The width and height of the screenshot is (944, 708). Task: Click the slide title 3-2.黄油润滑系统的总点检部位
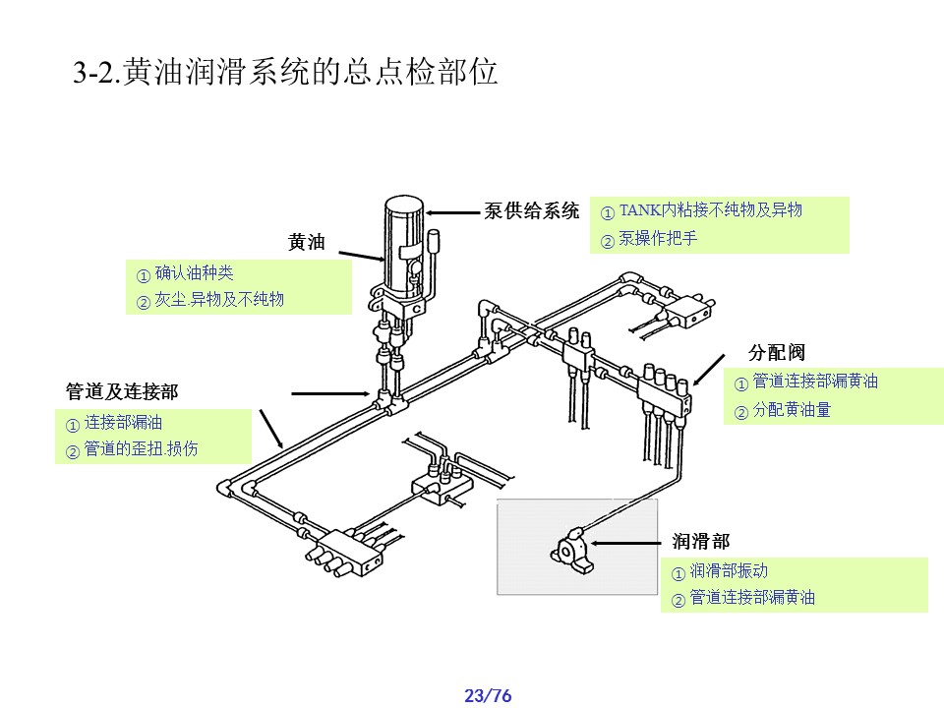pos(285,74)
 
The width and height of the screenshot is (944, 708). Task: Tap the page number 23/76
pos(488,696)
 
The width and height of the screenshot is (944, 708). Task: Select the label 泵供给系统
pos(532,211)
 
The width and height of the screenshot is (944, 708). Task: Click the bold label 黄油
pos(306,242)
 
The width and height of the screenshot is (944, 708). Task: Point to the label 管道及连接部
pos(122,391)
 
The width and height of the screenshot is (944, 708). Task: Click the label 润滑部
pos(701,542)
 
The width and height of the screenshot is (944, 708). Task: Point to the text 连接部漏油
pos(123,423)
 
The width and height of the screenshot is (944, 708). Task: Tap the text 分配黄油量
pos(792,410)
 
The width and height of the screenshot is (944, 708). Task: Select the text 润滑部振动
pos(729,570)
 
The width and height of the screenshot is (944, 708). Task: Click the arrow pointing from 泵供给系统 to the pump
pos(454,211)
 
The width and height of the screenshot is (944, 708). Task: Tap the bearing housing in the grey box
pos(573,546)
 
